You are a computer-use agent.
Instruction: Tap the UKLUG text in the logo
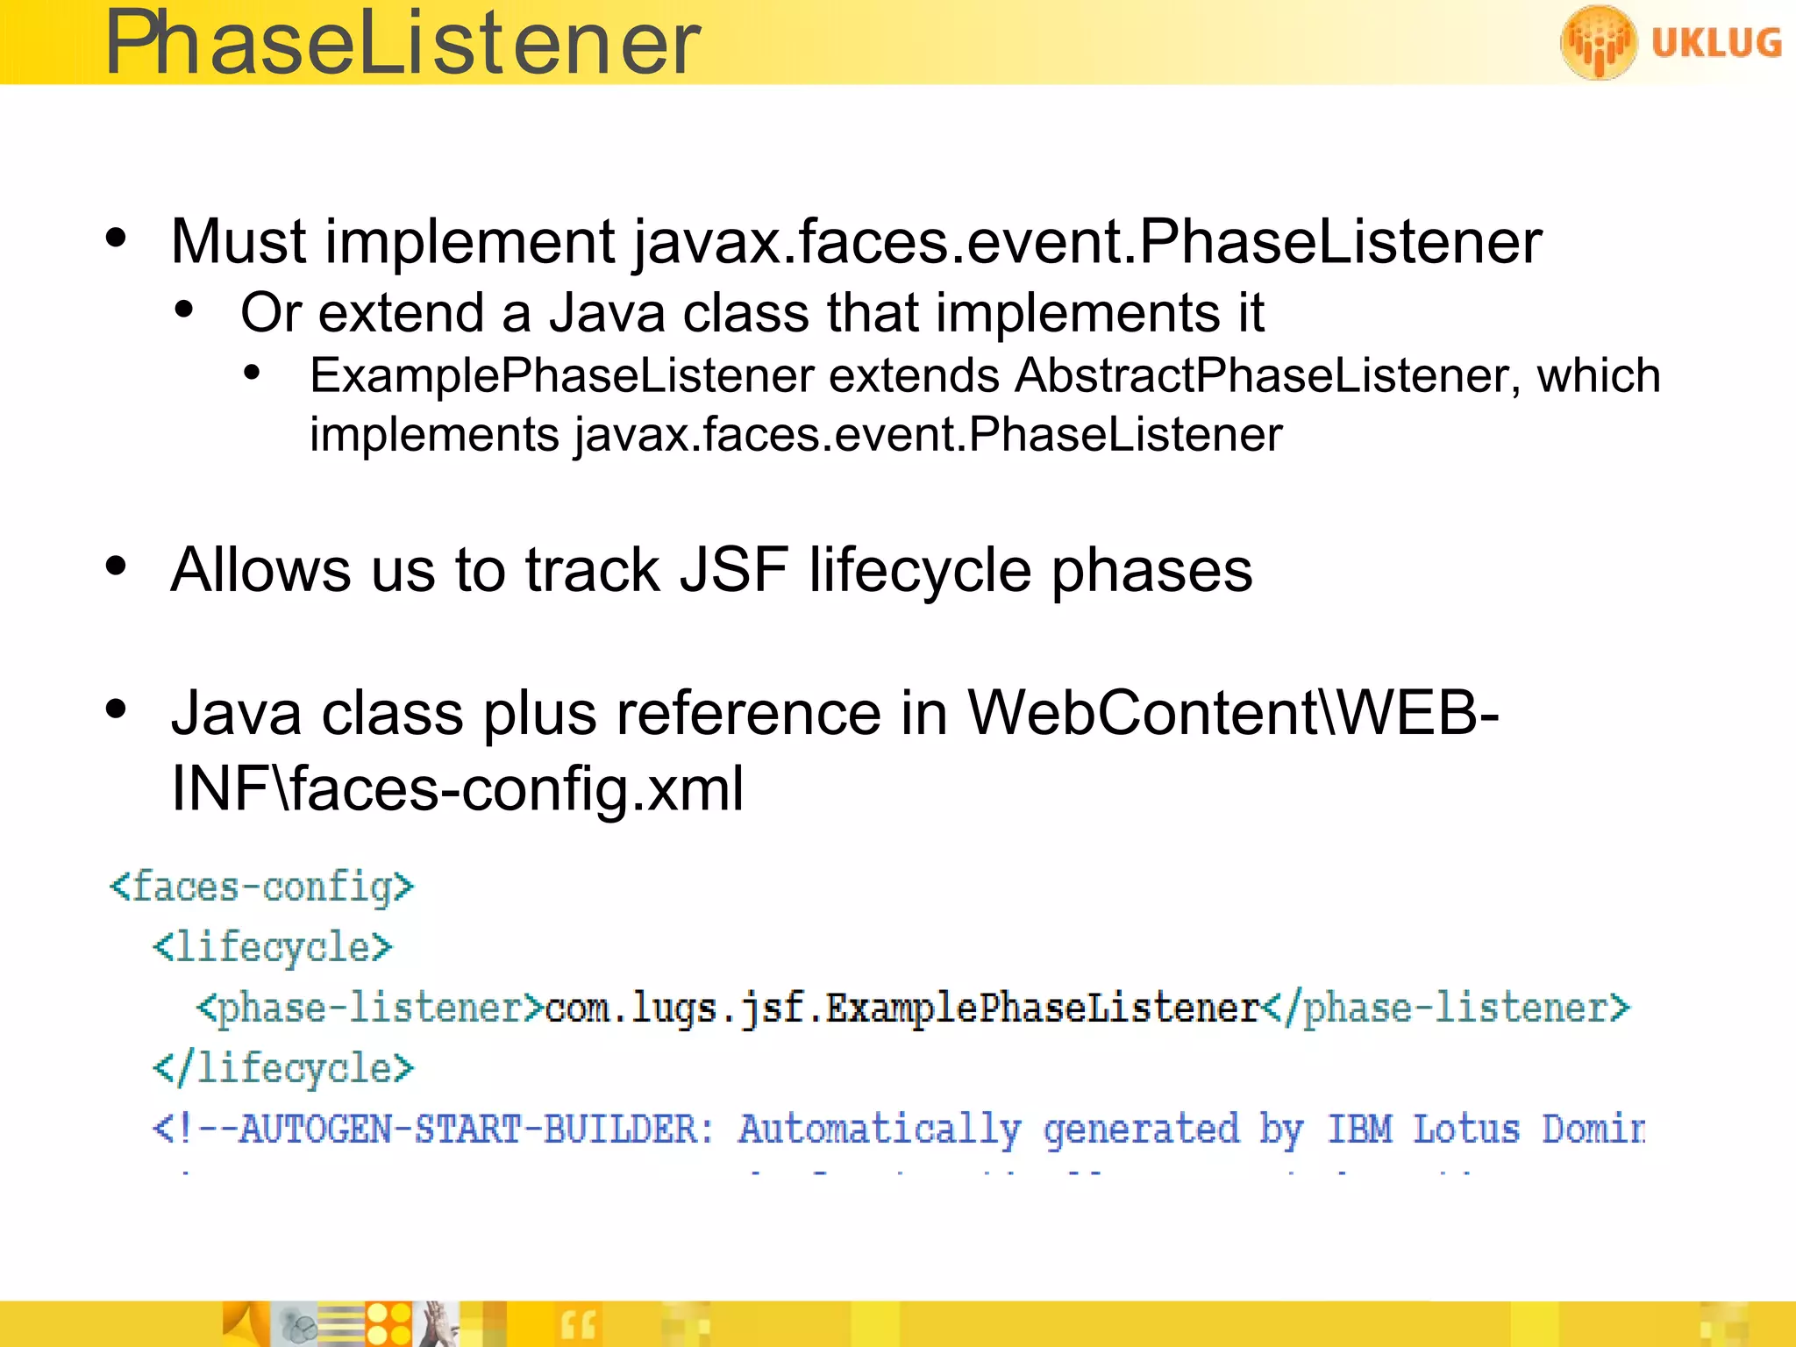click(1715, 43)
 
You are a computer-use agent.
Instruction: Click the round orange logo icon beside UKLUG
click(1598, 42)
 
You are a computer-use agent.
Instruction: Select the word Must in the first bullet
click(239, 241)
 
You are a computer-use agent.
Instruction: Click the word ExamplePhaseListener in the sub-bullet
click(562, 376)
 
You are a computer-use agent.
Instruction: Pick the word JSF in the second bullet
click(733, 570)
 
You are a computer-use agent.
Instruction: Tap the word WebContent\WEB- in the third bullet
click(1232, 712)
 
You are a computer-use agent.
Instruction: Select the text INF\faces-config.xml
click(457, 788)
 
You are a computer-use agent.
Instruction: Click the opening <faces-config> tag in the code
click(261, 887)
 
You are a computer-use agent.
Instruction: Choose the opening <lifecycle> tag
click(273, 948)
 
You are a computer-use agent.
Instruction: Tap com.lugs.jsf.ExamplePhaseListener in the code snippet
click(902, 1008)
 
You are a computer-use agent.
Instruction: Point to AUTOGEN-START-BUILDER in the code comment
click(468, 1129)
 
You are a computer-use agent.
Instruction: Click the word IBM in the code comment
click(1358, 1129)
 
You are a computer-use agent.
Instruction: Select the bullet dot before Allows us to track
click(116, 566)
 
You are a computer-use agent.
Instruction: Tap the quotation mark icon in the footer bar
click(578, 1324)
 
